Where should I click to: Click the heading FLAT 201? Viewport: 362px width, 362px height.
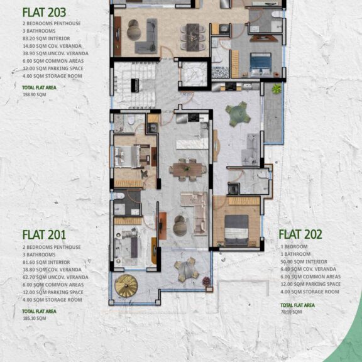click(x=43, y=234)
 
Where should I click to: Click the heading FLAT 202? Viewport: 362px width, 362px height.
click(x=300, y=234)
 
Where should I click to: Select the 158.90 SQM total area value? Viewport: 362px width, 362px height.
click(x=34, y=94)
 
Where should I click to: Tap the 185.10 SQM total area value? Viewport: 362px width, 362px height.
click(x=34, y=317)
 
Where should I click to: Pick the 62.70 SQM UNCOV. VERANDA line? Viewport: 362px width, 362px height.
click(x=55, y=277)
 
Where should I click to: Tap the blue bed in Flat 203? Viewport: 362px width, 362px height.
click(x=260, y=63)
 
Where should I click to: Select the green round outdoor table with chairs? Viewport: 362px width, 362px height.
click(x=238, y=114)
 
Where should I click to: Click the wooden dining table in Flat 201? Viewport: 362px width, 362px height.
click(x=186, y=168)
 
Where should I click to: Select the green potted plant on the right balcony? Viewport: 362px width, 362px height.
click(x=276, y=90)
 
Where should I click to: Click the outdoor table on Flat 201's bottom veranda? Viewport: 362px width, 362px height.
click(x=186, y=270)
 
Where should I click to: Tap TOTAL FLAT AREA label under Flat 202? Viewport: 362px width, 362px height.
click(x=297, y=305)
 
